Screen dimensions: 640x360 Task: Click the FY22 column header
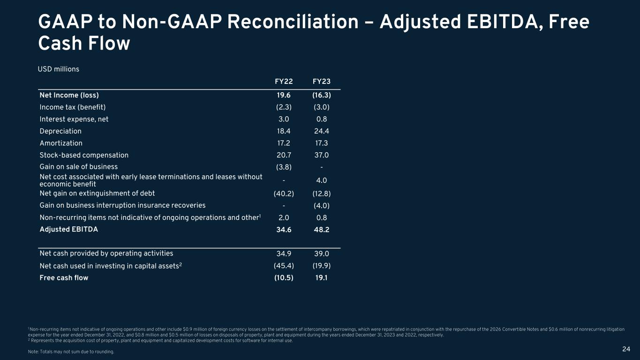click(x=284, y=82)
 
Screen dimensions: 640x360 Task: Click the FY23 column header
click(x=322, y=82)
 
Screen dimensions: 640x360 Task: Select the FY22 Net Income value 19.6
click(x=284, y=95)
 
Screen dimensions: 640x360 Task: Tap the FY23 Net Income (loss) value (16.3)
click(x=322, y=95)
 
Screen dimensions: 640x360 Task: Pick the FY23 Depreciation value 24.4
click(x=322, y=131)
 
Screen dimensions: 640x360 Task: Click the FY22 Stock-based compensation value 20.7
click(x=284, y=155)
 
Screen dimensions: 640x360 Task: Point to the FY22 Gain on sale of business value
click(x=284, y=167)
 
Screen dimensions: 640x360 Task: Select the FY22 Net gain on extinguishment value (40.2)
click(x=284, y=194)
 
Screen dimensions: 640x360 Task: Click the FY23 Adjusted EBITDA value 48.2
click(x=322, y=230)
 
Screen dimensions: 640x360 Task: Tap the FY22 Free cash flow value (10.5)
click(x=284, y=277)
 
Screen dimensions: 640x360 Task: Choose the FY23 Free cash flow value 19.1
click(x=322, y=277)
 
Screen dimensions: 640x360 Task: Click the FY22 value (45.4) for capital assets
click(x=284, y=266)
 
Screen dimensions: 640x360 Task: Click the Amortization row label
click(x=61, y=143)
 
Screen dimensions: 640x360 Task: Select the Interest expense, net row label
click(x=74, y=119)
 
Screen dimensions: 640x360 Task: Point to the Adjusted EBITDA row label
click(x=69, y=229)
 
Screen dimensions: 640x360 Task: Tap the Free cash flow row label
click(x=64, y=277)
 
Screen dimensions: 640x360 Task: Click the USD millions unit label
click(x=58, y=69)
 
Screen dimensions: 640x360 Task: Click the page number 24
click(x=626, y=349)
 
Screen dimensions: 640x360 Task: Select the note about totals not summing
click(x=71, y=352)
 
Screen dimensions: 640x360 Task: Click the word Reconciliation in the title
click(x=293, y=22)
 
